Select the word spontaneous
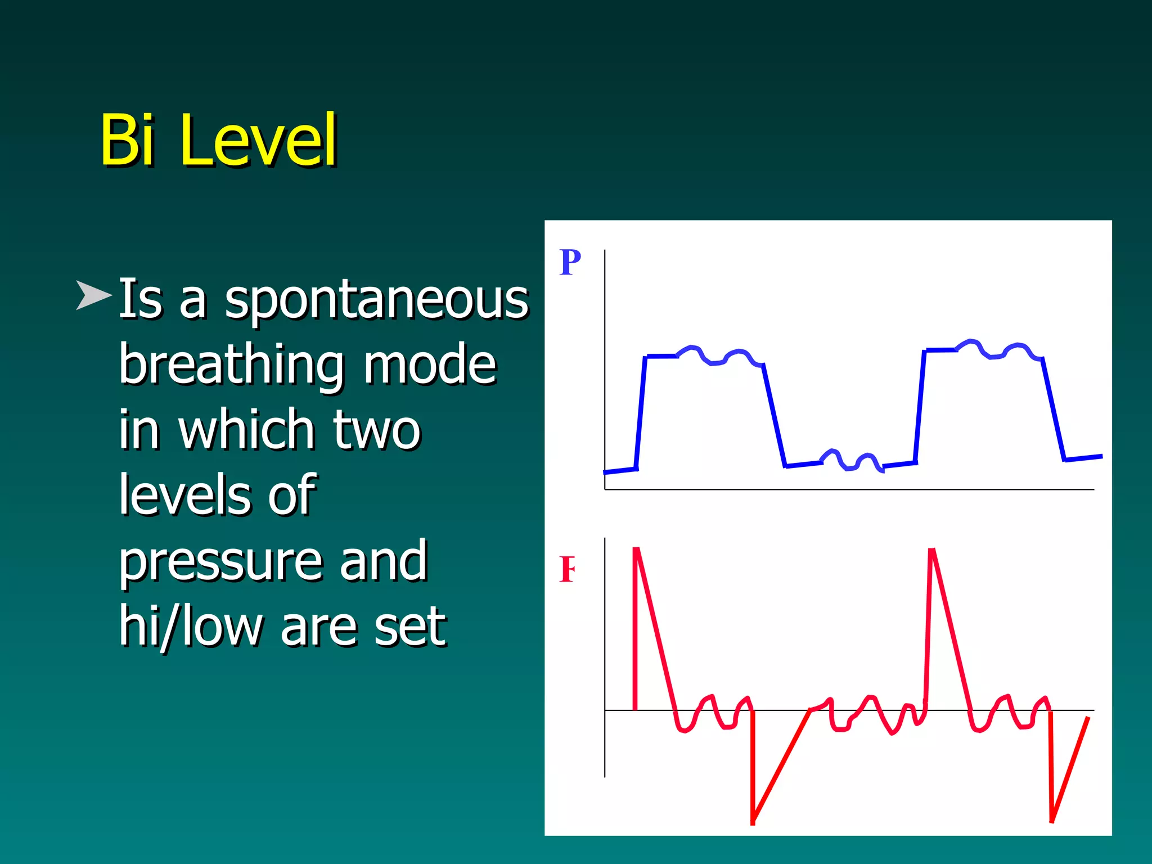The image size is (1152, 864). coord(376,299)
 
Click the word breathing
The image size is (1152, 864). coord(231,366)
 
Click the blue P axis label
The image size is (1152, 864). coord(570,263)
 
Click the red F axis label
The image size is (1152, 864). coord(567,569)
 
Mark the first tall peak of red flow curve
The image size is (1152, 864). coord(637,550)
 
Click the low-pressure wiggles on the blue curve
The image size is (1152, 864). coord(850,461)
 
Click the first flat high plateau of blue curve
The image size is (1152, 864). coord(662,356)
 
